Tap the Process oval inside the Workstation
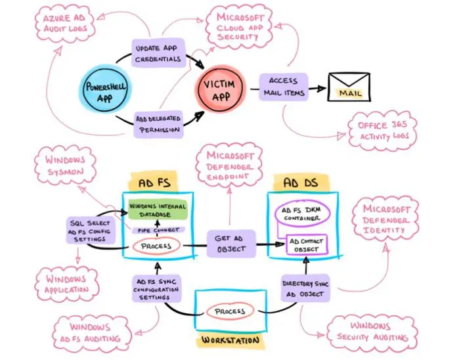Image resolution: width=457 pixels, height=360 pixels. point(230,311)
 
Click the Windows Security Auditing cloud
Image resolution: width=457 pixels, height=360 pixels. point(369,330)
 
